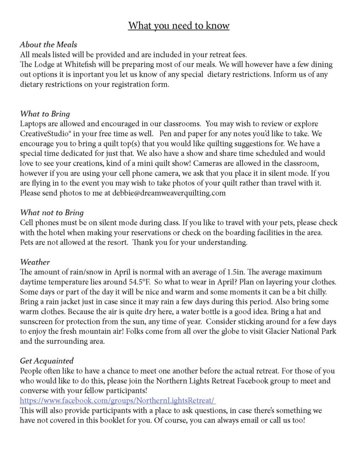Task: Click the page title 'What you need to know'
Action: (179, 25)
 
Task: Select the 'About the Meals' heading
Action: (48, 45)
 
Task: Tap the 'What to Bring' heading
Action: (45, 114)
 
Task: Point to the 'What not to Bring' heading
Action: (52, 213)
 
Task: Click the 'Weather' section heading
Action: (35, 262)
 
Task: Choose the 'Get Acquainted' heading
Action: (47, 361)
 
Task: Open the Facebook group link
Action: (117, 401)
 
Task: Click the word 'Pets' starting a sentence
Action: (27, 243)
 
